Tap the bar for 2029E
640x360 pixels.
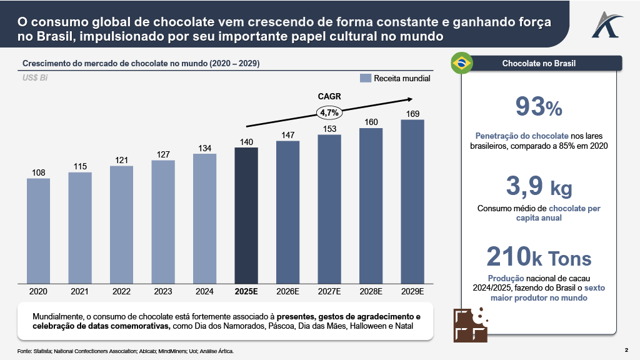[x=412, y=201]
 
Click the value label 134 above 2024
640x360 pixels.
[x=204, y=148]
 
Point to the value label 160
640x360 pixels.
[x=371, y=122]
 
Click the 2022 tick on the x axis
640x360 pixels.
[x=121, y=291]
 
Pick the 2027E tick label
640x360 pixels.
[x=329, y=291]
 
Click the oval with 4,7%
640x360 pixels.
[x=329, y=113]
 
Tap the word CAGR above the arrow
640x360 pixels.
[x=329, y=97]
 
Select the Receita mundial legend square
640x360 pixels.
[x=366, y=79]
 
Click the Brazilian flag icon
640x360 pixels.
[x=462, y=63]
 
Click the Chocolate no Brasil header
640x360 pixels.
[x=539, y=63]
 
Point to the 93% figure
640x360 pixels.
[x=539, y=107]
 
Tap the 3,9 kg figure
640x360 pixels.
[x=539, y=187]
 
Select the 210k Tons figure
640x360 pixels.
[x=539, y=257]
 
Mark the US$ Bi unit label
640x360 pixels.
[x=35, y=78]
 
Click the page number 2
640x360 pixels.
[x=626, y=349]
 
